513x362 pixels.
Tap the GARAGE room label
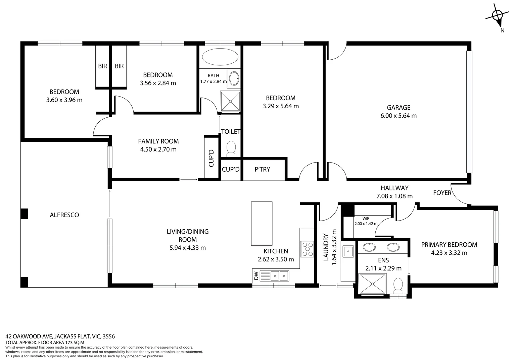point(399,108)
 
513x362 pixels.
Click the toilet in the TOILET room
point(231,148)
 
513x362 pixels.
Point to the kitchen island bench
point(262,223)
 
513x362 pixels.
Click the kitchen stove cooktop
point(307,249)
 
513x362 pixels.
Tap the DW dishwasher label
point(256,276)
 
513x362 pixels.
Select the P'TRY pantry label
point(262,169)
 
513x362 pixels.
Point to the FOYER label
point(442,193)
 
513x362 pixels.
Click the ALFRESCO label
point(64,215)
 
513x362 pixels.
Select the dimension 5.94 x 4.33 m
point(188,248)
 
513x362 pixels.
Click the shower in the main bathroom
point(230,101)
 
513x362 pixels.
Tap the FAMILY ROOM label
point(158,141)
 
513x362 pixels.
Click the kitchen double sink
point(279,276)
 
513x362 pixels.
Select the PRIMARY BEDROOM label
point(449,245)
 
